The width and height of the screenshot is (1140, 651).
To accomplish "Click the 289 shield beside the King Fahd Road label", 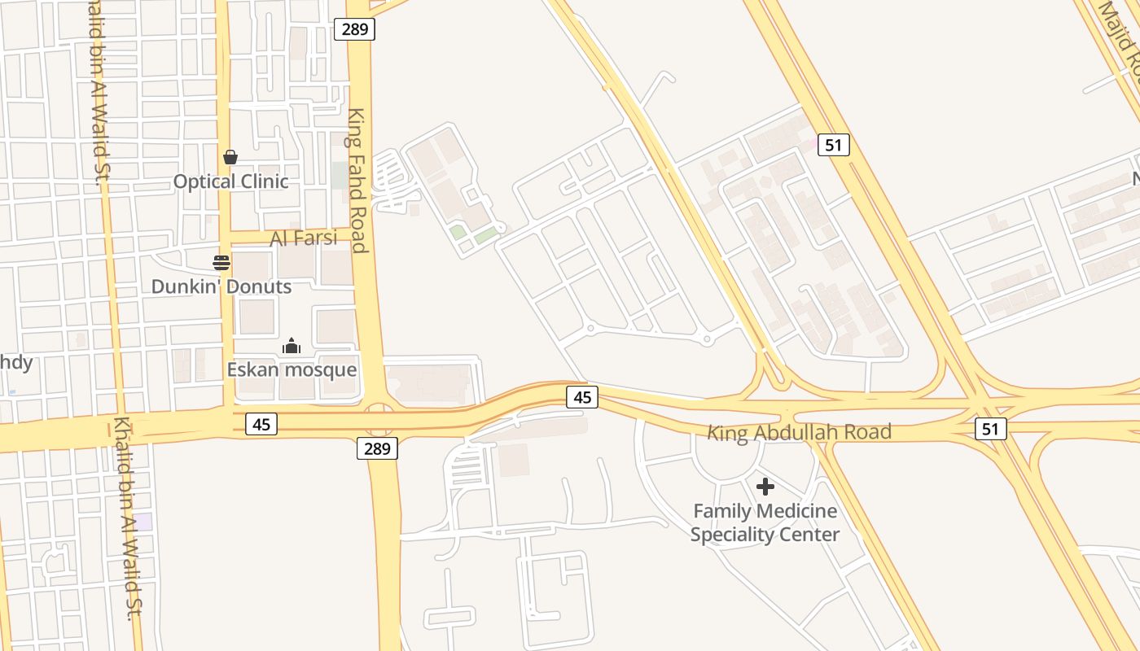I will [x=354, y=30].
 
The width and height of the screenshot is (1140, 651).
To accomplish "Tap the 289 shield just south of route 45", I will [x=377, y=448].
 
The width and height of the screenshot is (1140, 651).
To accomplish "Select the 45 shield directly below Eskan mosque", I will [x=262, y=423].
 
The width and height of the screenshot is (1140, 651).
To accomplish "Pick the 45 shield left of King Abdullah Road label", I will [x=582, y=397].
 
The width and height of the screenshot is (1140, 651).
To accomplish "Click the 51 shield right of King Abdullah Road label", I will [x=990, y=429].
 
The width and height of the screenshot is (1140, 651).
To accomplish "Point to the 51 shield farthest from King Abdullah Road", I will [x=833, y=145].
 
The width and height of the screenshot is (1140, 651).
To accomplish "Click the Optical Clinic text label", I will [x=230, y=181].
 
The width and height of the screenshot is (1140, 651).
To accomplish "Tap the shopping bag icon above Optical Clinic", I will [x=230, y=156].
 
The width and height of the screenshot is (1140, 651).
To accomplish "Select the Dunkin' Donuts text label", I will [x=221, y=286].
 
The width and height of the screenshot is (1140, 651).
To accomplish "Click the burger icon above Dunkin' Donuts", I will [x=221, y=262].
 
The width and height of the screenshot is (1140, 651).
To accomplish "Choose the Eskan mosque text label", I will [x=292, y=369].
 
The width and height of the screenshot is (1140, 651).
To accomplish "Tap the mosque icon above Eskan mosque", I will [x=292, y=347].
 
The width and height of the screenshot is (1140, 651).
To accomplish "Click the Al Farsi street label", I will [x=304, y=238].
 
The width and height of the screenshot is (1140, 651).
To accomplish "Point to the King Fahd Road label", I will [x=357, y=181].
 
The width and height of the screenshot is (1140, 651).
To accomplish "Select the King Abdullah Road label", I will [x=799, y=431].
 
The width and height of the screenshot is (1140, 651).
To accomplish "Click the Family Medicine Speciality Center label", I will [x=765, y=522].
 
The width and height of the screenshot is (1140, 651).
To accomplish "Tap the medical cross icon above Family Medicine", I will [x=765, y=487].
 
